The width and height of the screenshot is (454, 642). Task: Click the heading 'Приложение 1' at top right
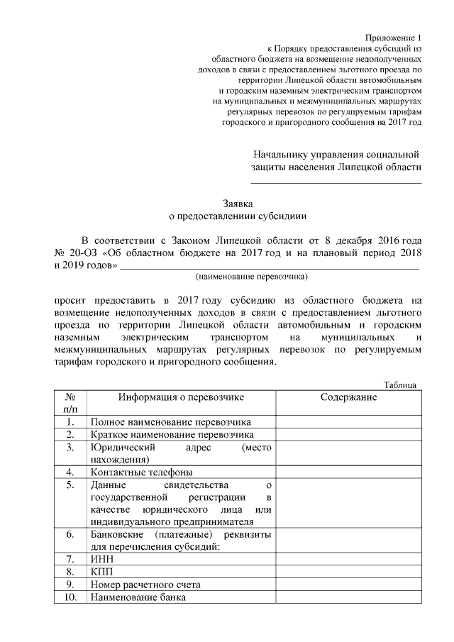pos(393,37)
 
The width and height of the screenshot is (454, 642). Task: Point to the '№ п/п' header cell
pos(70,403)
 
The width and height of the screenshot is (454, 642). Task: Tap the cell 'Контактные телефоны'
pos(142,472)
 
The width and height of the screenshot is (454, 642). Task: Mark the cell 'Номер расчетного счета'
pos(145,585)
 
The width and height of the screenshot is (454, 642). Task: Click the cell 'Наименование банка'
pos(138,597)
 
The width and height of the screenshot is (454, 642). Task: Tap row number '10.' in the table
pos(70,597)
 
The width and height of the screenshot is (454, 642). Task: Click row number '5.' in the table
pos(70,485)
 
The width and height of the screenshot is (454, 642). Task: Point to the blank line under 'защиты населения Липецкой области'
pos(336,184)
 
